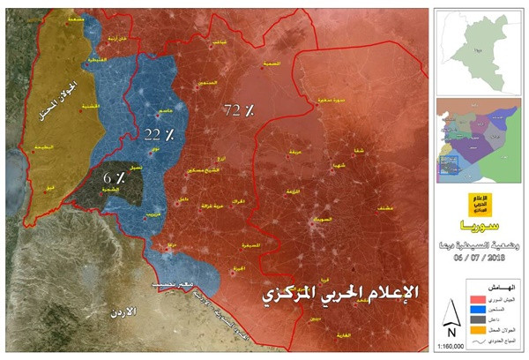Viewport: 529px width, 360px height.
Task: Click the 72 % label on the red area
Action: pos(238,110)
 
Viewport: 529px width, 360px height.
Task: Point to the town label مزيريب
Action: pos(154,214)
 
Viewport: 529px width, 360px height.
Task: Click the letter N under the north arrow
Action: pos(451,333)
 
